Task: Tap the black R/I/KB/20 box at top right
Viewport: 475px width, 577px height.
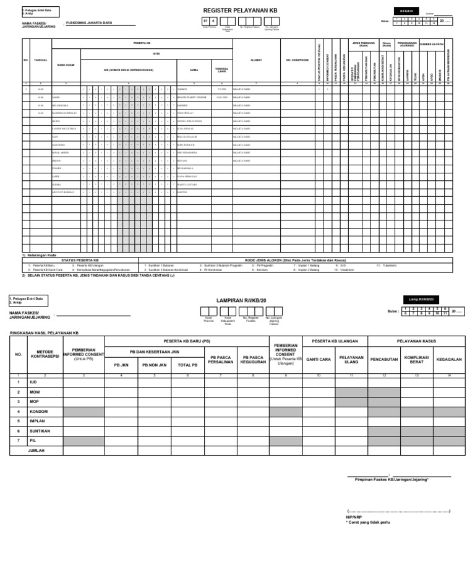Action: coord(406,11)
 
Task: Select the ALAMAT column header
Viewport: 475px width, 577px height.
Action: coord(256,61)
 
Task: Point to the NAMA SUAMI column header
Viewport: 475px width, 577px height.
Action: coord(66,64)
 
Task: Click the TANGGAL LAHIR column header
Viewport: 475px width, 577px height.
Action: coord(221,70)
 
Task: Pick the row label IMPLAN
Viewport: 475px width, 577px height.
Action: coord(37,421)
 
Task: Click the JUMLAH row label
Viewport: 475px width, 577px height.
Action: coord(38,451)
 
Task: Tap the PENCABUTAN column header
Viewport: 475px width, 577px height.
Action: coord(383,359)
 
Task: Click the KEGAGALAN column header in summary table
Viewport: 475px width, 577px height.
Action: coord(449,359)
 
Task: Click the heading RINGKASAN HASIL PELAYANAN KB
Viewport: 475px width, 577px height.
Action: coord(45,333)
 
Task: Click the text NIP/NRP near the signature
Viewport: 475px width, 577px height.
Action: coord(354,516)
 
